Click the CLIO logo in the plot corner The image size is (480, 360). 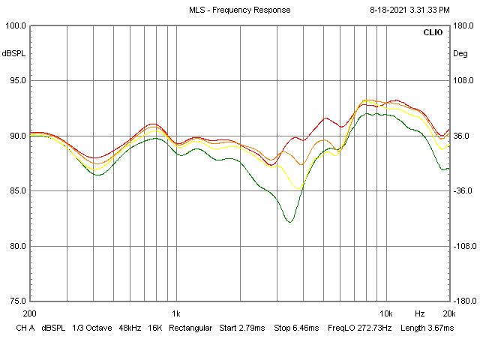pos(433,33)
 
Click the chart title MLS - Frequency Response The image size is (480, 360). pos(240,10)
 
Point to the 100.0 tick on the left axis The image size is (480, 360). pos(16,26)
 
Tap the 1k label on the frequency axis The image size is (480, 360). pos(176,313)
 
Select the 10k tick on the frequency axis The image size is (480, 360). pos(385,313)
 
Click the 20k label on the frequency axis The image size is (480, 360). pos(448,313)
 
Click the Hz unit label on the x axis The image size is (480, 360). pos(420,313)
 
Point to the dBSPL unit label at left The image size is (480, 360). pos(13,54)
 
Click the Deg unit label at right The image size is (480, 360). pos(460,54)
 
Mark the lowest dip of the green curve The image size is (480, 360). pos(289,222)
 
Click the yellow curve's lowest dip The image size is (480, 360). pos(299,188)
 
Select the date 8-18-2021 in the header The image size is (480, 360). pos(391,10)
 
